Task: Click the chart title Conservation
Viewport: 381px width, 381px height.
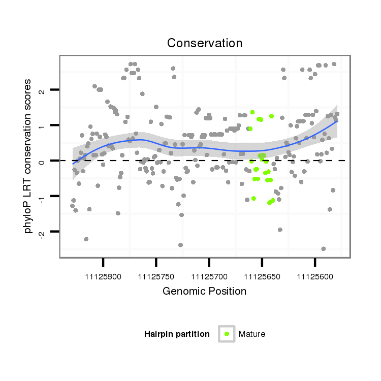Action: pos(205,44)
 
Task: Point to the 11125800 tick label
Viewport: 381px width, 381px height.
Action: pos(103,277)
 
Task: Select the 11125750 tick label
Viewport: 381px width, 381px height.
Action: pos(156,277)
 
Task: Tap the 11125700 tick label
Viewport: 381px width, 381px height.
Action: pos(209,277)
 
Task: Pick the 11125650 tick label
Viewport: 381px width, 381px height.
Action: pos(262,277)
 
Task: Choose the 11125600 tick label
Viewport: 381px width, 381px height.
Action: pos(315,277)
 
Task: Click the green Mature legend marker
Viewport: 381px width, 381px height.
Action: pos(227,334)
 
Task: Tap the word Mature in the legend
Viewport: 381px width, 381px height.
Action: pos(252,334)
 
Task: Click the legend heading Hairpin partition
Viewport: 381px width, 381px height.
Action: pos(177,334)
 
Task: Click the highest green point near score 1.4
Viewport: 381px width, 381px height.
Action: pos(252,112)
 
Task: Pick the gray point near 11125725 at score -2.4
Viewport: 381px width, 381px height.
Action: pos(180,245)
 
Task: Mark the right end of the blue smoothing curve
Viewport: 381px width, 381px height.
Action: pos(337,120)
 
